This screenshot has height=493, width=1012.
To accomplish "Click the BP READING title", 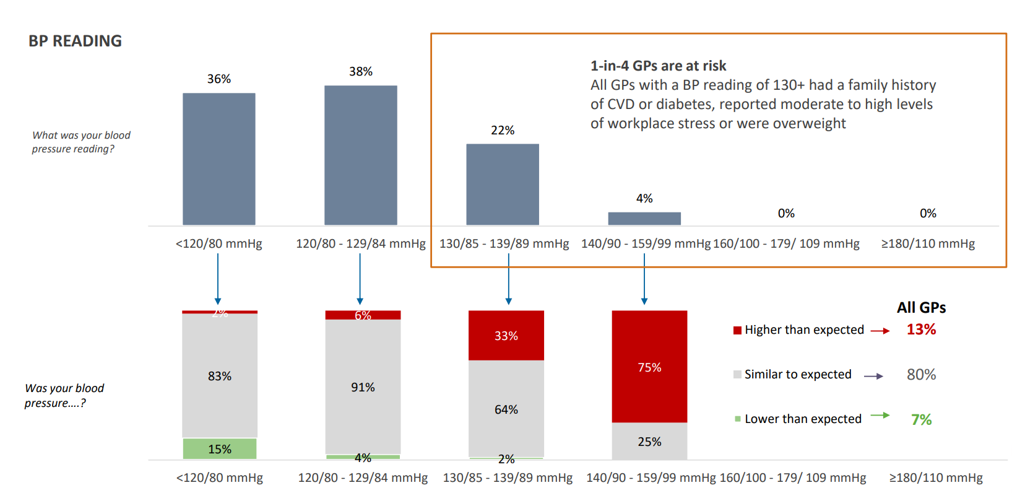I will [x=75, y=41].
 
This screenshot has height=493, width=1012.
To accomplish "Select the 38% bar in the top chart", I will [x=360, y=155].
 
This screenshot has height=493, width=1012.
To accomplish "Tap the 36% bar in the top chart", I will [x=218, y=159].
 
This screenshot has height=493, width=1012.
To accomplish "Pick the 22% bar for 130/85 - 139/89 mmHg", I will [x=502, y=184].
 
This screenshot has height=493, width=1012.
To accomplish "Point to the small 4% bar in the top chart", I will [x=644, y=218].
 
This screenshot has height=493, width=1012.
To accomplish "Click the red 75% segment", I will [x=649, y=367].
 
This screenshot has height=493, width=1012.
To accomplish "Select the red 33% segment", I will [x=506, y=335].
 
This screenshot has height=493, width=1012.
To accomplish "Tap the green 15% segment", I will [x=219, y=448].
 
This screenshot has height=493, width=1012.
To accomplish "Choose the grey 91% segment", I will [x=363, y=386].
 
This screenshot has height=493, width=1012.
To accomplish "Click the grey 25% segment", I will [x=649, y=441].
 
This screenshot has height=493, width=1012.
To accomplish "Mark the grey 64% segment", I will [x=506, y=409].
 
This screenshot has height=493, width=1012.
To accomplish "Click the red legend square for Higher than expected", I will [x=737, y=330].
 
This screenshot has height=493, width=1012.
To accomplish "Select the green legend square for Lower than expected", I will [x=737, y=419].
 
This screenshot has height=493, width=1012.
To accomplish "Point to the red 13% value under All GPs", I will [x=921, y=329].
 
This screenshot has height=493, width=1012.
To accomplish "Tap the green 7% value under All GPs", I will [x=921, y=419].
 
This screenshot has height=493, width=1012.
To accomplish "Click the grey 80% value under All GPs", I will [x=921, y=374].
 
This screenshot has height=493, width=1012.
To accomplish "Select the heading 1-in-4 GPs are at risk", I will [x=658, y=66].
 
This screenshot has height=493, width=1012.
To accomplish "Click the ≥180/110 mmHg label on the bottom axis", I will [x=936, y=478].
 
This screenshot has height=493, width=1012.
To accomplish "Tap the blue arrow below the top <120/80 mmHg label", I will [x=218, y=279].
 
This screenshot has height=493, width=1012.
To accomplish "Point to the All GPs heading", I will [x=921, y=307].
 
